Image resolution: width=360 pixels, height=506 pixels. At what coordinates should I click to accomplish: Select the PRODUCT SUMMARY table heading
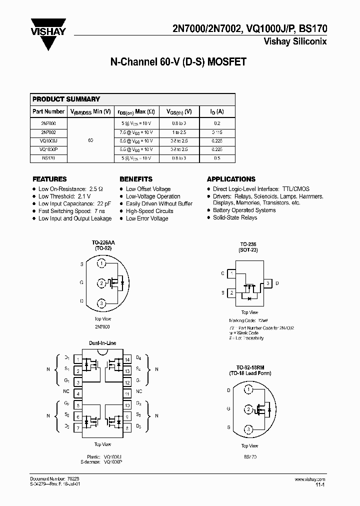coord(66,99)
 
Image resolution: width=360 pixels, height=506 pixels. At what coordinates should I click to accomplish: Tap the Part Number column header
coord(48,111)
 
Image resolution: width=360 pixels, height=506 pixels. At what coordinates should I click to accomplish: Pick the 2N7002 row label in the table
coord(48,132)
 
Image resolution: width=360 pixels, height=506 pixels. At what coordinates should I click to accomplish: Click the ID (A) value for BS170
coord(216,158)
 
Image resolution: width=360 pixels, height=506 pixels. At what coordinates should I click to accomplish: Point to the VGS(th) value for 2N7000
coord(178,123)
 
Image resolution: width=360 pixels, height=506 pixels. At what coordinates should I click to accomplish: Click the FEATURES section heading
coord(49,179)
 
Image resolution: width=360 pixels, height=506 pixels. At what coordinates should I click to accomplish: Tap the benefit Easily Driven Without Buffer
coord(159,204)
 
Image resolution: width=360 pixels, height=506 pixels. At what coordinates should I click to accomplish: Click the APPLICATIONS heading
coord(231,179)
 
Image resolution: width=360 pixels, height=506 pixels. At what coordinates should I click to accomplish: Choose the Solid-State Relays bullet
coord(234,217)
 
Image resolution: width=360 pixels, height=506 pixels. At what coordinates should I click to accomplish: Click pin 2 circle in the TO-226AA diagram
coord(101,283)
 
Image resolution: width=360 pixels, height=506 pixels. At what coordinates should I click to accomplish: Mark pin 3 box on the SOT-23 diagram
coord(267,283)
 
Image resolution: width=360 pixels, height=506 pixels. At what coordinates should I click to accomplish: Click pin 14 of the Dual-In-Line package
coord(127,359)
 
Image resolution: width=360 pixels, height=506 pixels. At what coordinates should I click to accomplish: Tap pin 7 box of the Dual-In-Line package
coord(78,427)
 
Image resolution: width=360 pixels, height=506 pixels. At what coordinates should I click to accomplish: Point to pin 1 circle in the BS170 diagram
coord(248,389)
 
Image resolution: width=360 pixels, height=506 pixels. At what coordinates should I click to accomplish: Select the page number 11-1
coord(321,484)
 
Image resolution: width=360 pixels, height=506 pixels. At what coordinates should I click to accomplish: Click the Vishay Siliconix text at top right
coord(295,42)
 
